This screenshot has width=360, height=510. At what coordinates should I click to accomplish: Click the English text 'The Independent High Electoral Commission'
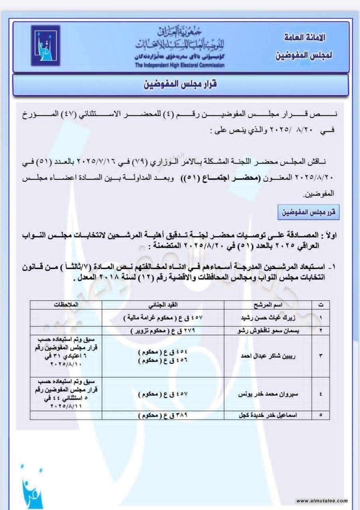(x=179, y=65)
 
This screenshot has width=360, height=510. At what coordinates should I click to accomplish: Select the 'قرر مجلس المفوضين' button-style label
(x=308, y=212)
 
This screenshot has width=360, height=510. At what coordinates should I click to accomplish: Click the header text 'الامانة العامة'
(x=305, y=38)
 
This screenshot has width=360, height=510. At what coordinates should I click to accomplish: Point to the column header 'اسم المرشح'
(x=266, y=305)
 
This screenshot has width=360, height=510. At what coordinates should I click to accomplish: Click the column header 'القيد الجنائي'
(x=163, y=305)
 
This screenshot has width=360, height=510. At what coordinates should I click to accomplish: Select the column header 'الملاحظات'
(x=66, y=305)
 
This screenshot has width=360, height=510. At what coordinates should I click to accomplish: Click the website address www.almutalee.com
(x=322, y=501)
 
